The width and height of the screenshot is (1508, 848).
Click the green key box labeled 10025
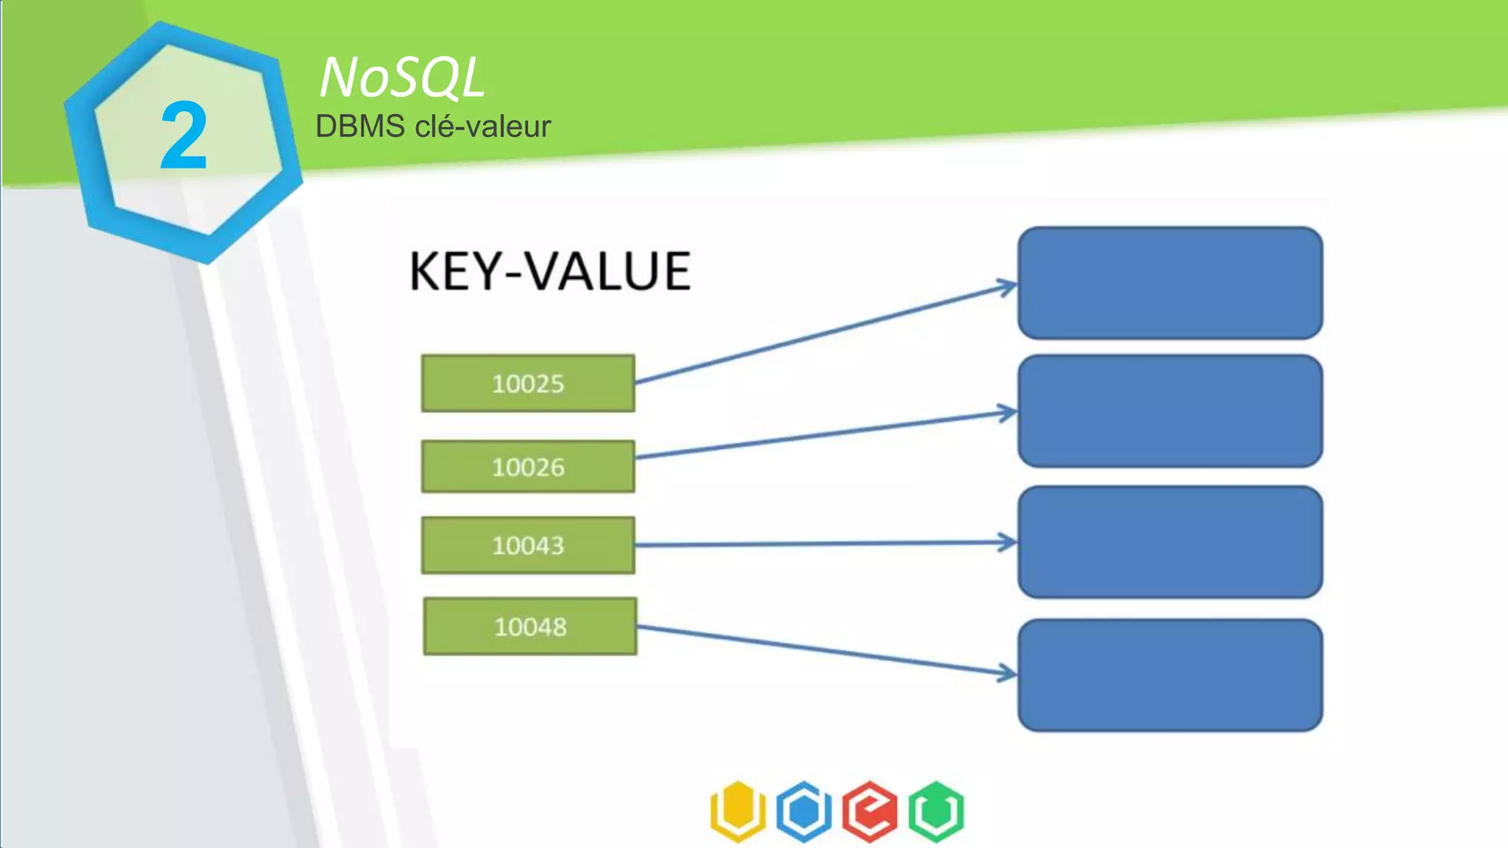(x=528, y=384)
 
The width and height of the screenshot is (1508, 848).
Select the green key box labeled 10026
(x=528, y=467)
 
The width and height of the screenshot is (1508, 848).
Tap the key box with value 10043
(x=528, y=545)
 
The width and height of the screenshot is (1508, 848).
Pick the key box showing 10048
(x=530, y=626)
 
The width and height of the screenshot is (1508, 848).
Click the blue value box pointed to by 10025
(x=1170, y=283)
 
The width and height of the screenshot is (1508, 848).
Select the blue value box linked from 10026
(x=1170, y=411)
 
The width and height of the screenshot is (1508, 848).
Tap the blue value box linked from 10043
(x=1170, y=543)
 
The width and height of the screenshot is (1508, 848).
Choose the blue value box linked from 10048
(x=1170, y=676)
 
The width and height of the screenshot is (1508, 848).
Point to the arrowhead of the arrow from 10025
(x=1008, y=286)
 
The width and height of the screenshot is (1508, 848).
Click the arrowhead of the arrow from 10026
(x=1008, y=413)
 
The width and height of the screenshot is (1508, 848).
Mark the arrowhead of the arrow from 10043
(x=1008, y=543)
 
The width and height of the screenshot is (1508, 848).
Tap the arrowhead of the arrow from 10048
(x=1008, y=672)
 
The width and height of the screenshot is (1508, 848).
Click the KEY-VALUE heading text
(x=550, y=272)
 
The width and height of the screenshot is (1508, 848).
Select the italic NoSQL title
(x=402, y=77)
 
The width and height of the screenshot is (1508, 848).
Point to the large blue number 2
(x=183, y=137)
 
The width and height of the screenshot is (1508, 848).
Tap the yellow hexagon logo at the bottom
(x=738, y=811)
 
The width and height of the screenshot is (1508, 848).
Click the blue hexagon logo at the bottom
(x=804, y=811)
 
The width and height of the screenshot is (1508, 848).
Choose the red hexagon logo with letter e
(x=870, y=811)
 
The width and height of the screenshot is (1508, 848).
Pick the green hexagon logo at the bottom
(x=936, y=811)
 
